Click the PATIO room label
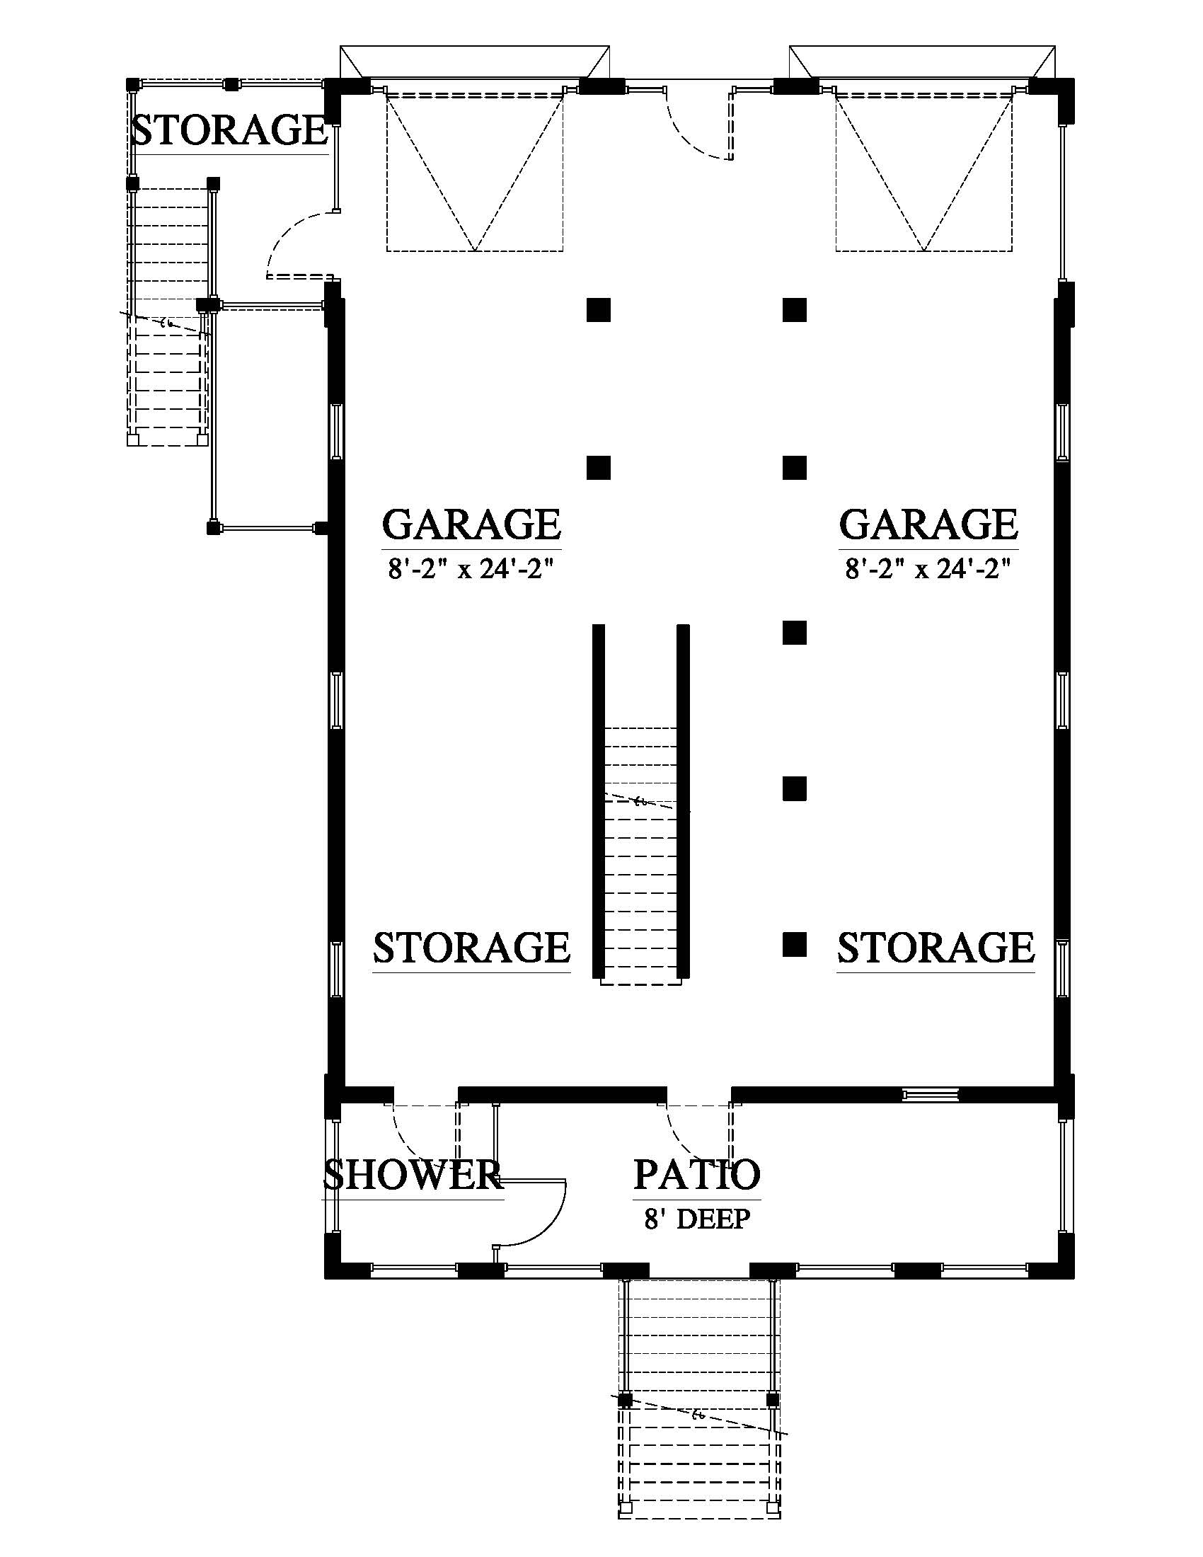click(697, 1174)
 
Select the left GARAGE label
click(472, 524)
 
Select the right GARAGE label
click(928, 524)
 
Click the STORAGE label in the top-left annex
click(229, 130)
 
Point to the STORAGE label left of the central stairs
click(472, 948)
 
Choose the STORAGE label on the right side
click(936, 948)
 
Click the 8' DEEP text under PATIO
click(697, 1219)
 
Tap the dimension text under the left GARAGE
click(471, 570)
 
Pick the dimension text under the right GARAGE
click(928, 570)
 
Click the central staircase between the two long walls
click(640, 856)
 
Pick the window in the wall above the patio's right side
click(929, 1095)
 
